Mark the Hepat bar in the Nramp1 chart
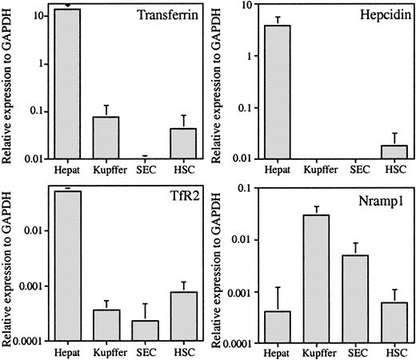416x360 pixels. [278, 325]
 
